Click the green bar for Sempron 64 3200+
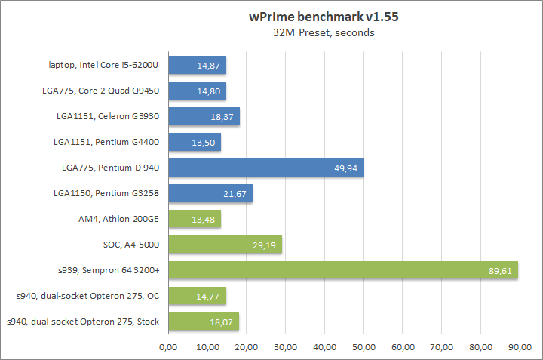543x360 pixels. (343, 270)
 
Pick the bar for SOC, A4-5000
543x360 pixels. (226, 245)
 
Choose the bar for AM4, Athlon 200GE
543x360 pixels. (195, 219)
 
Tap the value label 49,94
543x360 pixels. (347, 168)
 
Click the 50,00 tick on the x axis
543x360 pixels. (364, 347)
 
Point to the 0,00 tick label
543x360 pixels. (168, 347)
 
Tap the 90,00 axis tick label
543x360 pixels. (520, 347)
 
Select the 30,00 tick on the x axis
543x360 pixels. (285, 347)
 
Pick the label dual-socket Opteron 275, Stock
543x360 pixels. (83, 322)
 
